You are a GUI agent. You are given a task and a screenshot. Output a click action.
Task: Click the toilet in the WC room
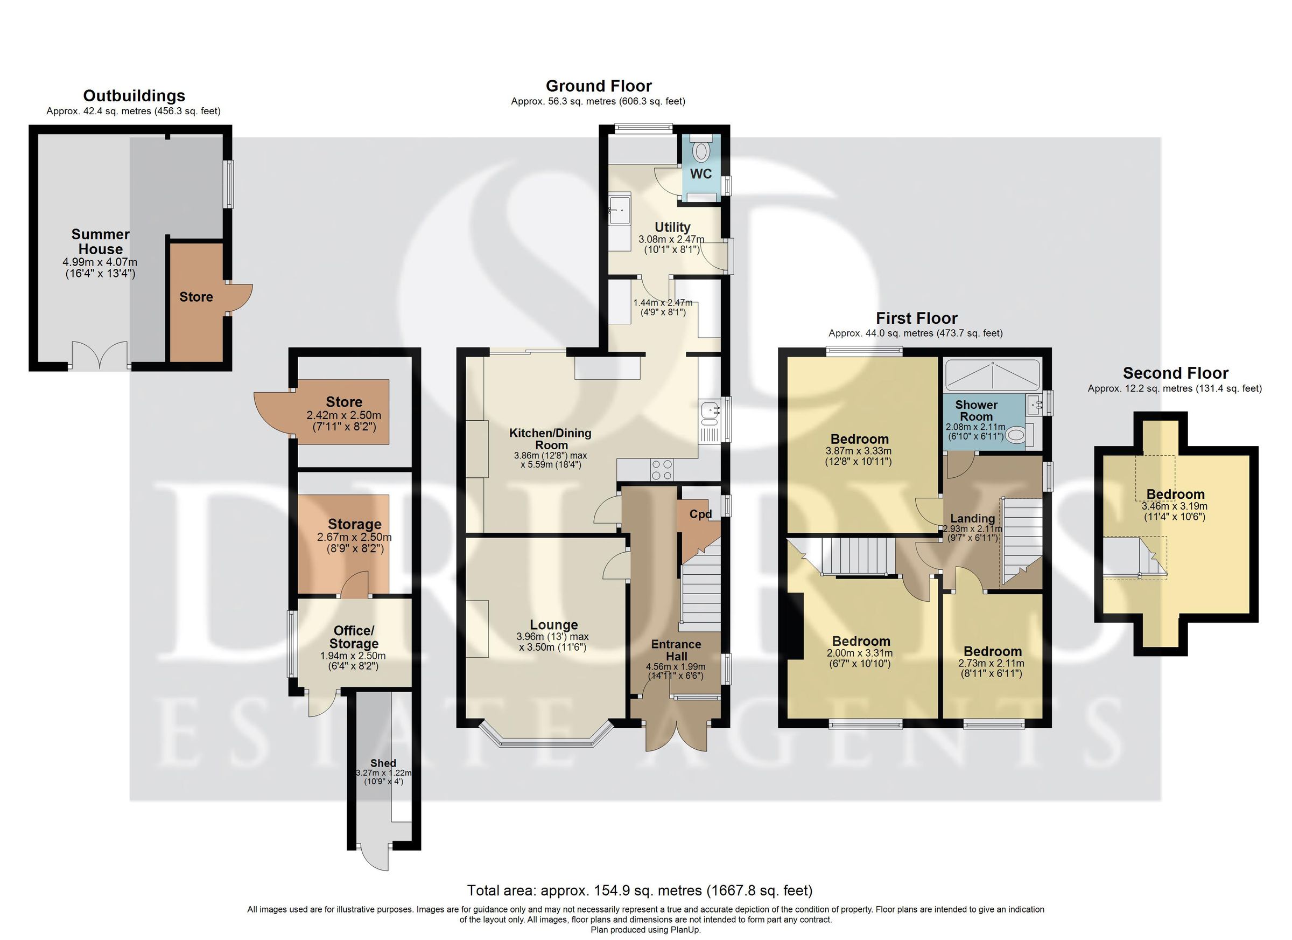tap(701, 151)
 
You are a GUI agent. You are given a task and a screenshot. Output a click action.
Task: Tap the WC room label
tap(701, 174)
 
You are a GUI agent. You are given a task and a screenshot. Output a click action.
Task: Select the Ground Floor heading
tap(598, 86)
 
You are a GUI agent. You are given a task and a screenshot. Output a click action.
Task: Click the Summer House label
tap(100, 242)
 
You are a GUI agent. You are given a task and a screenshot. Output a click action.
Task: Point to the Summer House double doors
tap(100, 356)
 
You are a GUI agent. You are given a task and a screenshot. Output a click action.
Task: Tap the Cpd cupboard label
tap(700, 514)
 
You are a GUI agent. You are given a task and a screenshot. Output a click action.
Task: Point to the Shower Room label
tap(976, 410)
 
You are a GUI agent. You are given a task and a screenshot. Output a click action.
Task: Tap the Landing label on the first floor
tap(972, 519)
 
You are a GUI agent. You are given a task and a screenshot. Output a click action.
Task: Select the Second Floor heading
tap(1175, 373)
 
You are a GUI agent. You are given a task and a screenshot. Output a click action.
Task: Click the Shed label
tap(383, 763)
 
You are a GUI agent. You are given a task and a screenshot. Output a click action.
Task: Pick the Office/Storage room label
tap(354, 637)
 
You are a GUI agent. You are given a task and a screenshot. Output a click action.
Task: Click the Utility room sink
tap(619, 210)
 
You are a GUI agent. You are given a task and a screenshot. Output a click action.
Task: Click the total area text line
tap(640, 890)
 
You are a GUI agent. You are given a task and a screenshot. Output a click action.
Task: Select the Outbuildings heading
tap(134, 96)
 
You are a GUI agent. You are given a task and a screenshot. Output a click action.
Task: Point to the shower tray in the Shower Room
tap(992, 375)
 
